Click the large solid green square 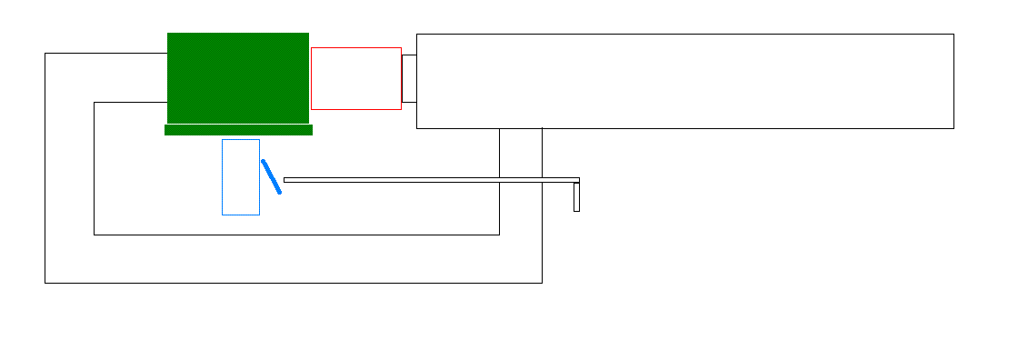pos(238,77)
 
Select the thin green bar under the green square pos(238,130)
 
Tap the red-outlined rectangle pos(356,78)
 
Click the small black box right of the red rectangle pos(409,78)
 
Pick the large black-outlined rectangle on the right pos(684,81)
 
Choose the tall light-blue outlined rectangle pos(241,177)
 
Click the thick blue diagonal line pos(271,176)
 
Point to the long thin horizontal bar pos(432,180)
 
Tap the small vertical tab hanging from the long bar pos(576,197)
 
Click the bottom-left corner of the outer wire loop pos(45,283)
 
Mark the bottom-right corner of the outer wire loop pos(542,283)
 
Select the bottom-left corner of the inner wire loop pos(95,235)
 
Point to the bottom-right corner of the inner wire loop pos(499,235)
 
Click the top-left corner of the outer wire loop pos(45,54)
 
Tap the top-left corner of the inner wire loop pos(95,103)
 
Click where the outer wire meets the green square pos(167,54)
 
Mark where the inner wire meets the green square pos(167,103)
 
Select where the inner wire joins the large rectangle pos(499,128)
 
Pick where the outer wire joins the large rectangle pos(542,128)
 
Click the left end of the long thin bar pos(285,180)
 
